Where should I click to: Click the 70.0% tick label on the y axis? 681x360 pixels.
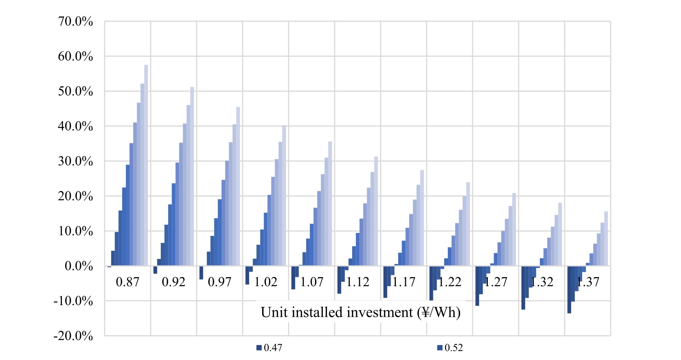coord(75,22)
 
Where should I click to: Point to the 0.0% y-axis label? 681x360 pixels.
coord(79,266)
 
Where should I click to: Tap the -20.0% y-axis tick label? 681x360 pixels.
coord(73,336)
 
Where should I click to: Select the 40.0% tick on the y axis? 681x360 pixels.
coord(75,127)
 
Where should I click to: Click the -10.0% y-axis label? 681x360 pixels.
coord(73,301)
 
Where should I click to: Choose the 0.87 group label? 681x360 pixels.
coord(127,282)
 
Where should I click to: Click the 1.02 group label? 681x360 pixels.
coord(266,282)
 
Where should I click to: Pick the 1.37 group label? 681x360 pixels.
coord(588,282)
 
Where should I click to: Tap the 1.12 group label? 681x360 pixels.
coord(358,282)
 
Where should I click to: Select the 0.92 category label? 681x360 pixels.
coord(174,282)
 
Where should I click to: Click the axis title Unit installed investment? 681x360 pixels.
coord(361,312)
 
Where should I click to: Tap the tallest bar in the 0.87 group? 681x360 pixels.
coord(146,165)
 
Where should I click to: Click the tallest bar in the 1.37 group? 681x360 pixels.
coord(606,239)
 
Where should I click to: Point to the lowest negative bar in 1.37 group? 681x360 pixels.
coord(569,289)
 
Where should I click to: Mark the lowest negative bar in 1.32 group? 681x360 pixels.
coord(523,288)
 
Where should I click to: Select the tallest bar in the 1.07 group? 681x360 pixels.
coord(330,204)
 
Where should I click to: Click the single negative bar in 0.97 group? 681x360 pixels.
coord(201,273)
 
